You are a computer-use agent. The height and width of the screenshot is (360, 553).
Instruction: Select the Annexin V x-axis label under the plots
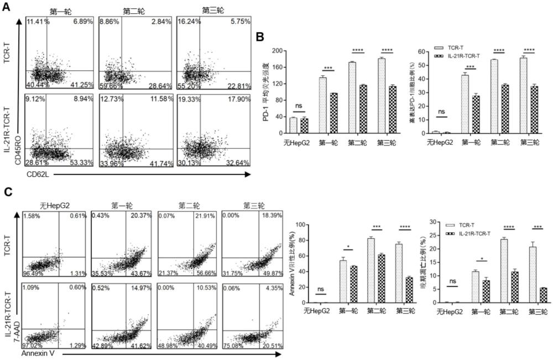38,352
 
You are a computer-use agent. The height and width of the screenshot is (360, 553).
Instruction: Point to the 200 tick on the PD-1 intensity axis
277,51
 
